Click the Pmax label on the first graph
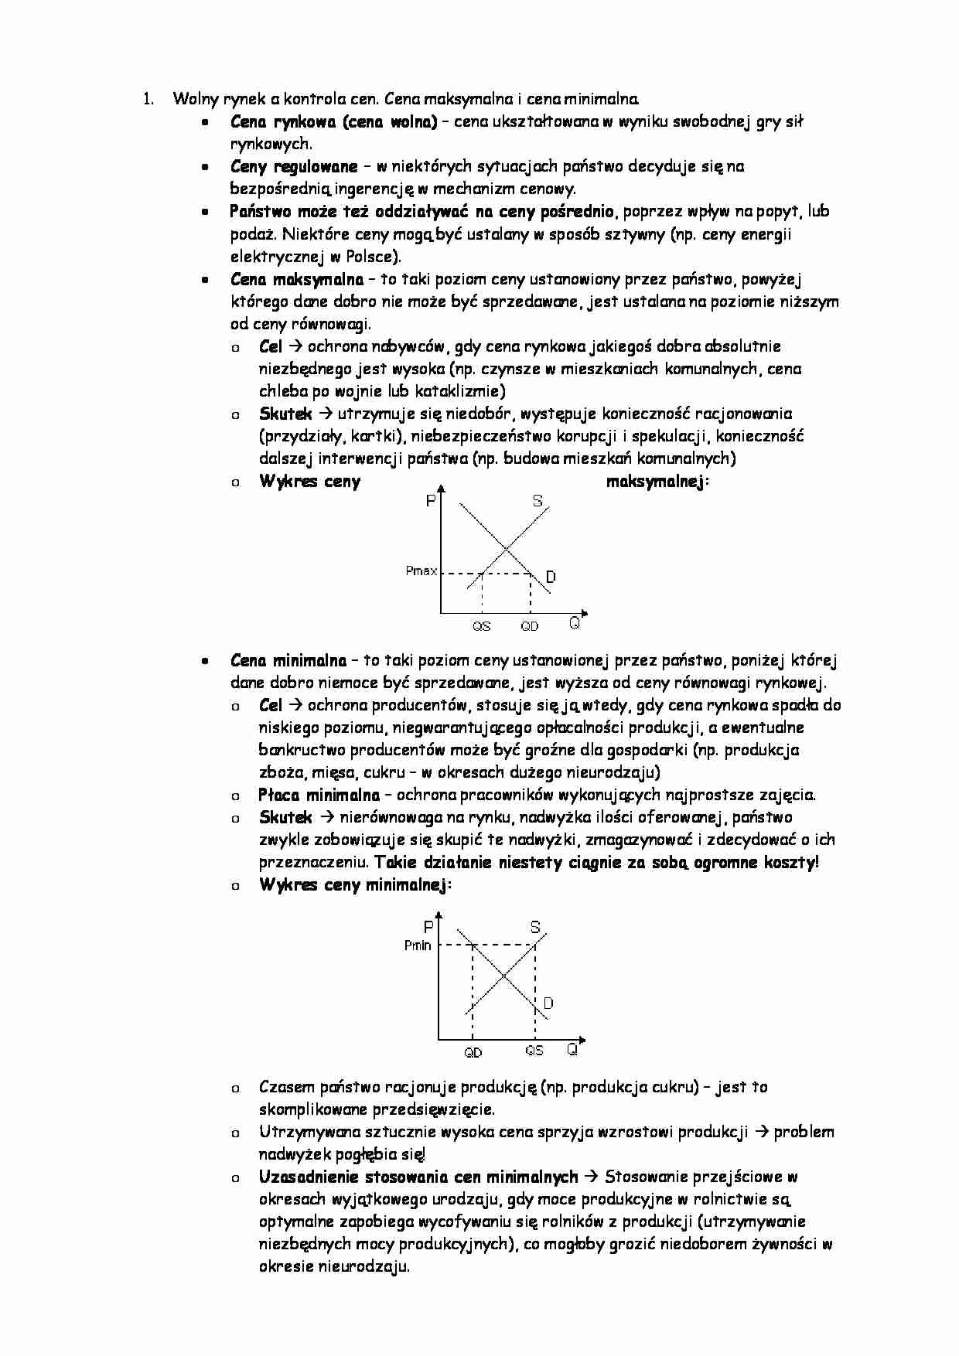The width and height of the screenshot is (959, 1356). [x=421, y=571]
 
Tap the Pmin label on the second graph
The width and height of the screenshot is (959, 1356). [x=418, y=945]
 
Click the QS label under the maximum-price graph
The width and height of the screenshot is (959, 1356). [x=481, y=626]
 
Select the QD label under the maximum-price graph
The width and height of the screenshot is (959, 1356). [x=529, y=626]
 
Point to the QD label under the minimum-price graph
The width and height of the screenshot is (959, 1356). [x=473, y=1052]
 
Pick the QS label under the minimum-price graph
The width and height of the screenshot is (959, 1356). [x=534, y=1051]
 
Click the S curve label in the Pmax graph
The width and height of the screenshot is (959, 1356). [x=538, y=501]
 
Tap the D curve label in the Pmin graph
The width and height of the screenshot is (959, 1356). [x=548, y=1003]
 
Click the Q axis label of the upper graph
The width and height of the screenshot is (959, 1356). [x=575, y=623]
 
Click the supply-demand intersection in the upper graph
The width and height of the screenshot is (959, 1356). [x=507, y=550]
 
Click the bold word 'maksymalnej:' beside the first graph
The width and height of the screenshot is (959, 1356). [x=657, y=482]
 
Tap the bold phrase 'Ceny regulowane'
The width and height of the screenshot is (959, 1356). [x=294, y=166]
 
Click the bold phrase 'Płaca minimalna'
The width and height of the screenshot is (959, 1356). [x=319, y=795]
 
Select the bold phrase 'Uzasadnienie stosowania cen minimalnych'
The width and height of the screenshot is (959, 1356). [x=418, y=1177]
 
